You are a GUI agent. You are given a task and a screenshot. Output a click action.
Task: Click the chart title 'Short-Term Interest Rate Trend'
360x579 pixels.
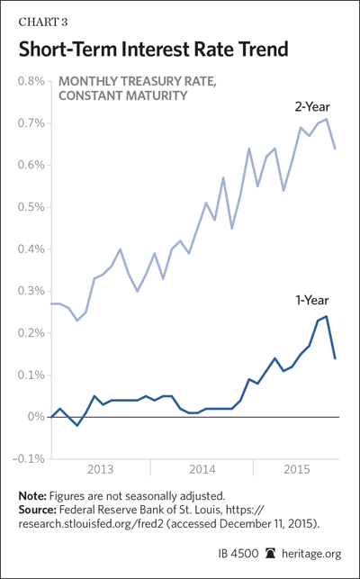[153, 50]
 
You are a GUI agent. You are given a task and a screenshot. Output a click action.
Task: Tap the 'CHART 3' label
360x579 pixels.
[43, 23]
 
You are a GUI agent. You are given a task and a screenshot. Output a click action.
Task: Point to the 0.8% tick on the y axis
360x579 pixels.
[31, 81]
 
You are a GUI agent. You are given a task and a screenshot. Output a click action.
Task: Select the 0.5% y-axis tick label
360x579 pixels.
[31, 207]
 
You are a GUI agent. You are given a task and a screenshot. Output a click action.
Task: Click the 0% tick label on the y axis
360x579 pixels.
[37, 417]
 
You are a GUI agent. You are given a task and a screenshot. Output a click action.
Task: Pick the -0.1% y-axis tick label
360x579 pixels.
[29, 459]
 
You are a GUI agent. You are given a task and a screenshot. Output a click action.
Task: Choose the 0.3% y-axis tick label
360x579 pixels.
[31, 292]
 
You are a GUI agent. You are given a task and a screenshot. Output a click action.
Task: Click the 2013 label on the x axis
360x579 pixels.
[101, 470]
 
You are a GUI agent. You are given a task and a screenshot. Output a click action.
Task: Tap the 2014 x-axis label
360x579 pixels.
[202, 470]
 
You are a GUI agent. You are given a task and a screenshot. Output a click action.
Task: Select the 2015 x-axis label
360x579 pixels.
[296, 470]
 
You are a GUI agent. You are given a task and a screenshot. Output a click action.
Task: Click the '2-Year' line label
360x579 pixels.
[312, 107]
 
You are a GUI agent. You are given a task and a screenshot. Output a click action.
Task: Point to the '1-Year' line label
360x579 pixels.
[312, 300]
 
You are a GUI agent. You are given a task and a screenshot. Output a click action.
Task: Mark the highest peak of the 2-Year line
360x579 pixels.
[327, 119]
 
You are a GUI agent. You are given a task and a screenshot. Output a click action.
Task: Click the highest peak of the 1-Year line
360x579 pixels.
[327, 316]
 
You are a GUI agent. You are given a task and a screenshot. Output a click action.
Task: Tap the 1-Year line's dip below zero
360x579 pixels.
[77, 425]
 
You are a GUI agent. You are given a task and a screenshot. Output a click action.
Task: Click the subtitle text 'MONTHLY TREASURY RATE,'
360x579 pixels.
[138, 81]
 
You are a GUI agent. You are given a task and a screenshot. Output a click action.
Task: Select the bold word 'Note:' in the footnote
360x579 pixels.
[32, 495]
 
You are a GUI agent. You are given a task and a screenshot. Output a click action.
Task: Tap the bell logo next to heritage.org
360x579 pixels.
[271, 553]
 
